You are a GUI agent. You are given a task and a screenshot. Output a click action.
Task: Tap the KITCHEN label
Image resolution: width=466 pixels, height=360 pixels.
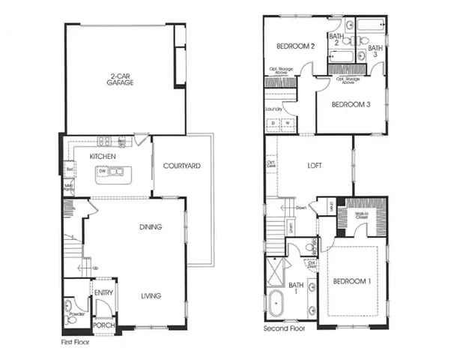[102, 156]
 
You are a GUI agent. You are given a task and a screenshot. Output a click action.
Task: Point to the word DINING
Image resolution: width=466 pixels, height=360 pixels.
[151, 226]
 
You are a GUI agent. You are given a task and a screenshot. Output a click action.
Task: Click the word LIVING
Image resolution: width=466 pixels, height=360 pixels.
[151, 295]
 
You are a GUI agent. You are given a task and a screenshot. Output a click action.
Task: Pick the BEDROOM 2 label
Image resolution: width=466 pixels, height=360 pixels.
[294, 46]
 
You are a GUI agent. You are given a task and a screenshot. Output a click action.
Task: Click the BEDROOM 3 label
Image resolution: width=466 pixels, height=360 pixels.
[352, 104]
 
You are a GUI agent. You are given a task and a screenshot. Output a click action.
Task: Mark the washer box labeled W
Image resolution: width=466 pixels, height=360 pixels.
[285, 123]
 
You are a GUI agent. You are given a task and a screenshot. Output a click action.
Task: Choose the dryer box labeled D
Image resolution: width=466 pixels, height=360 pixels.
[273, 123]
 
